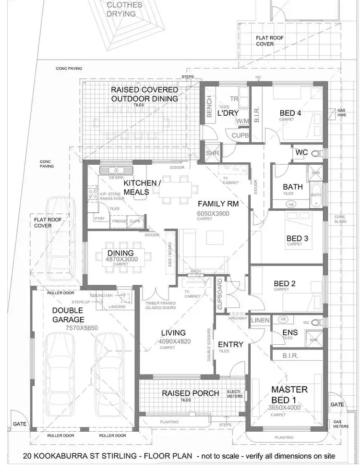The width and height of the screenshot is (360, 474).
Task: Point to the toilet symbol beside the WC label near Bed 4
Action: point(315,154)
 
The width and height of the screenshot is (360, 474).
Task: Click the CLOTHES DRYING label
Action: point(124,9)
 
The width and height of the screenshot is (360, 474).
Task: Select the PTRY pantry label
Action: point(99,219)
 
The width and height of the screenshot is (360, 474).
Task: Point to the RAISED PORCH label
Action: point(190,393)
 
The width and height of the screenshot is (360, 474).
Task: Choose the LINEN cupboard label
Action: point(260,320)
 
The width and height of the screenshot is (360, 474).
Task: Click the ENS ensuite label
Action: point(290,332)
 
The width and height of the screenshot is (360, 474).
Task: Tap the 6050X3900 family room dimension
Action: point(213,213)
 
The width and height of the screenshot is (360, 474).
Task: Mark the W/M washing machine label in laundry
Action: point(242,121)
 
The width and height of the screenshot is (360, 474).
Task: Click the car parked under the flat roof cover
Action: point(61,235)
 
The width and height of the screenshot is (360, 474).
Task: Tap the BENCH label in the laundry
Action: point(209,106)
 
